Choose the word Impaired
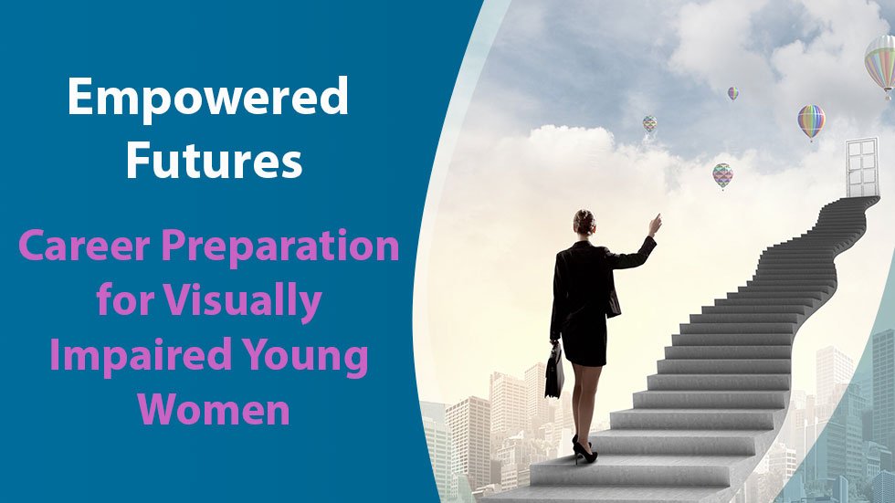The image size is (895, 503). [127, 355]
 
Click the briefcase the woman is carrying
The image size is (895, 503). [554, 370]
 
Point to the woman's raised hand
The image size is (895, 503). [654, 224]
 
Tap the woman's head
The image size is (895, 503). [584, 223]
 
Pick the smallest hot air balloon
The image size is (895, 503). [732, 93]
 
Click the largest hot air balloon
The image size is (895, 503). [880, 62]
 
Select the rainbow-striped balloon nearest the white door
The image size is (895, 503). [811, 121]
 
